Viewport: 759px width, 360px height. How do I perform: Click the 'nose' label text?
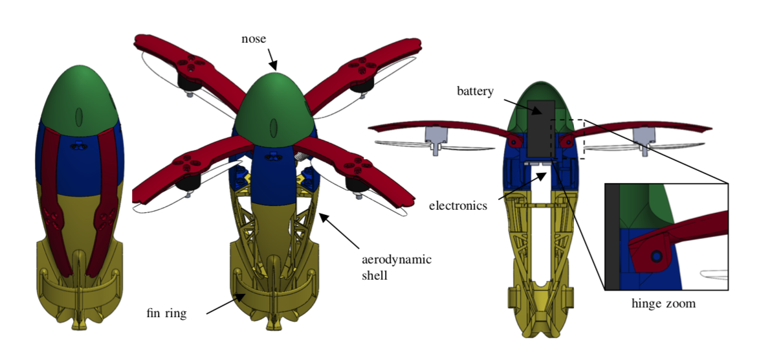pos(254,39)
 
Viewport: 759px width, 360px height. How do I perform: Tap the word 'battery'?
pos(476,91)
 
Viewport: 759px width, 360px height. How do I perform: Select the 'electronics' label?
pos(458,205)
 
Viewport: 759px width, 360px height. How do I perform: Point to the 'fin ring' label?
pos(166,313)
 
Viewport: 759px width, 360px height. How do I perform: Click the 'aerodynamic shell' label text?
pos(397,267)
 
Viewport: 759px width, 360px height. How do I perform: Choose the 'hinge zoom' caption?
pos(663,304)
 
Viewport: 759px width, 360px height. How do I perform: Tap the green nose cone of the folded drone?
pos(80,97)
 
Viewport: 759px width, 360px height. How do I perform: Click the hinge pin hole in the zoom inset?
pos(656,256)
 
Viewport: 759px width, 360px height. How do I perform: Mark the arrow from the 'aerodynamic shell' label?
pos(340,230)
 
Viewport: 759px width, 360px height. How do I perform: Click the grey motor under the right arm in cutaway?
pos(644,138)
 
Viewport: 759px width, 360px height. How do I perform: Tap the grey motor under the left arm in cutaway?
pos(435,138)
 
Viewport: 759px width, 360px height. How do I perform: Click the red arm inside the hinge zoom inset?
pos(677,238)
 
